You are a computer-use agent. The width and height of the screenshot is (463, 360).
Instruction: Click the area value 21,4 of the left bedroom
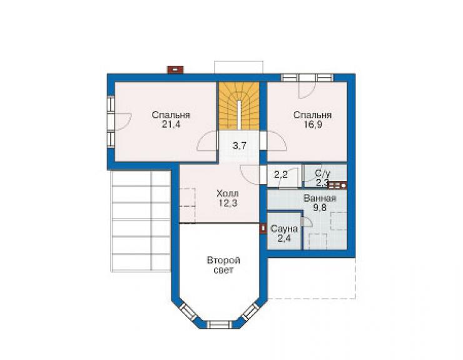coord(171,125)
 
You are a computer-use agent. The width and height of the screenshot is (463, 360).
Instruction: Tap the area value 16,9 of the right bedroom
coord(313,125)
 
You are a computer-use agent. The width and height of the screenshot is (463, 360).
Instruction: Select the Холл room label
coord(228,194)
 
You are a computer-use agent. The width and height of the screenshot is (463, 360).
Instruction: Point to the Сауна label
coord(284,229)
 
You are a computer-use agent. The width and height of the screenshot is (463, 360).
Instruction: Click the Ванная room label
coord(320,198)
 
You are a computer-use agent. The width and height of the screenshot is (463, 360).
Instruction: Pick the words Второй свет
coord(223,265)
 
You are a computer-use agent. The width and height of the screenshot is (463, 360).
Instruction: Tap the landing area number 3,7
coord(239,145)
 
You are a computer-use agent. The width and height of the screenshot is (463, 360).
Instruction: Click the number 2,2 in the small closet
coord(280,175)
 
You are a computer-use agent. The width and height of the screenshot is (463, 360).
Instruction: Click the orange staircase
coord(239,106)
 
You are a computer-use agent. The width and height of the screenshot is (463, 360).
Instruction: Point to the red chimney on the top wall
coord(175,69)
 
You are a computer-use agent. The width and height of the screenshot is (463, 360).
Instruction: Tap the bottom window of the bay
coord(220,324)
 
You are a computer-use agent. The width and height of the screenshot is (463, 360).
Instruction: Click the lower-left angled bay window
coord(188,312)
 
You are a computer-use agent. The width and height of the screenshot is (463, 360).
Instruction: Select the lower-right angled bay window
coord(251,312)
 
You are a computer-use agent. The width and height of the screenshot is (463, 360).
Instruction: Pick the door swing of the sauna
coord(307,222)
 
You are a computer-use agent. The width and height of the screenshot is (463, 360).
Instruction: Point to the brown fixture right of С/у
coord(337,185)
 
